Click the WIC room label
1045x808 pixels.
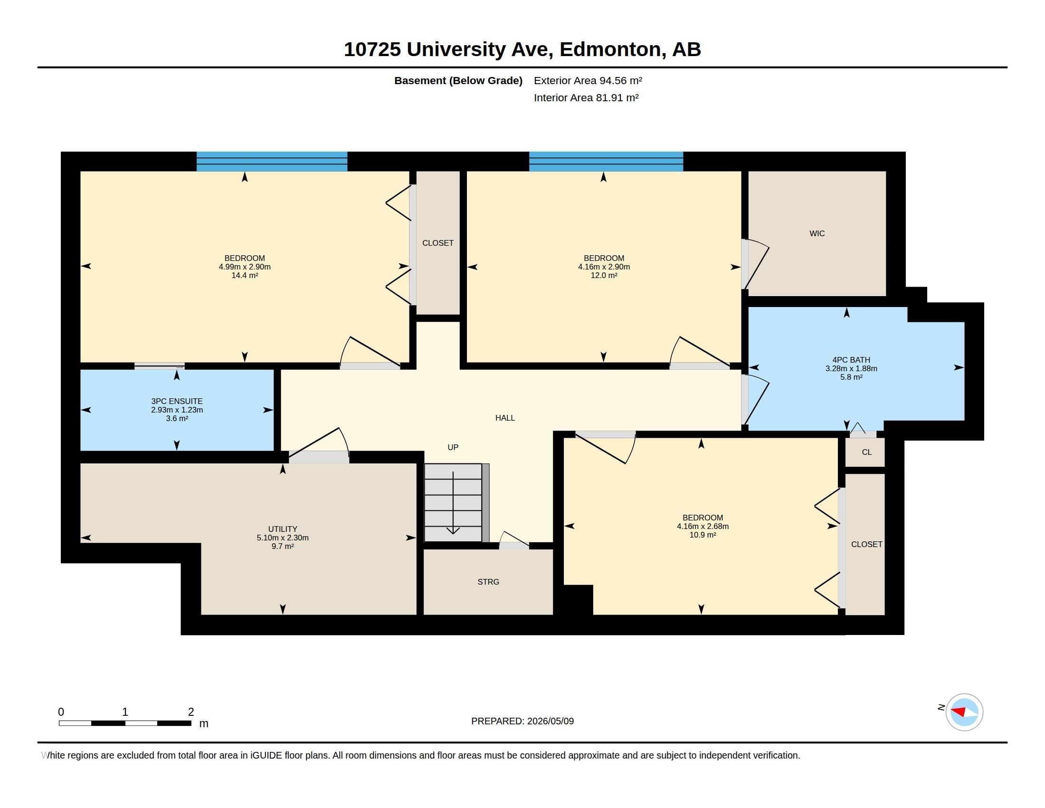click(x=817, y=233)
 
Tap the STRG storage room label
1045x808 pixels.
click(x=488, y=582)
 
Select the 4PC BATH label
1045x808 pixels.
click(x=851, y=360)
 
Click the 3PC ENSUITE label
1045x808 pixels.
click(x=177, y=401)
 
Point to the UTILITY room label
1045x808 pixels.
click(x=283, y=529)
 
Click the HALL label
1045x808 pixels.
click(x=505, y=418)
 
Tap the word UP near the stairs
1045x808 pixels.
click(x=453, y=447)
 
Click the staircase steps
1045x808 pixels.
click(x=453, y=502)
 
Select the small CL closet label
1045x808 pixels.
click(x=866, y=452)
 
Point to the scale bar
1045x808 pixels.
click(x=125, y=723)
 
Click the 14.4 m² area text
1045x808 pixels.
click(x=245, y=275)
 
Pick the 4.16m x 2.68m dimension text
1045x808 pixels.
click(x=703, y=526)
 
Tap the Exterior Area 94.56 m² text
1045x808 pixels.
click(x=588, y=80)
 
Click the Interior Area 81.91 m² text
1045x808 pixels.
click(x=586, y=97)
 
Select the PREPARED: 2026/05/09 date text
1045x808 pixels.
click(x=522, y=721)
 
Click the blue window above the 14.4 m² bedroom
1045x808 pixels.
click(x=272, y=161)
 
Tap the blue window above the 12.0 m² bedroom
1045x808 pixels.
click(x=606, y=161)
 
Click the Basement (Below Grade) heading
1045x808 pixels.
click(x=458, y=80)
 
